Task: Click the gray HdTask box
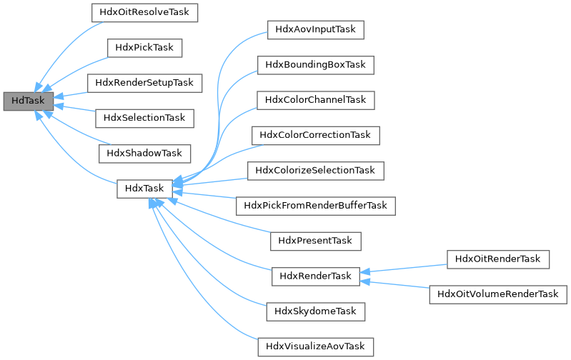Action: click(28, 101)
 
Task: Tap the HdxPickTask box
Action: click(145, 47)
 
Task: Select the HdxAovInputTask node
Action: click(315, 30)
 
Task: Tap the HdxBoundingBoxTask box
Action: click(315, 65)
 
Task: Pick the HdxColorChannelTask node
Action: click(315, 100)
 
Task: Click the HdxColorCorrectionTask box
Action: click(315, 135)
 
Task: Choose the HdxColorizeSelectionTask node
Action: click(315, 170)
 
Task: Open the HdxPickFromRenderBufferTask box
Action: click(315, 205)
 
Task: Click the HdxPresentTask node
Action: click(315, 241)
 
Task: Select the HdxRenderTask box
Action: click(315, 276)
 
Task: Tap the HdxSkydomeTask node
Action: click(315, 311)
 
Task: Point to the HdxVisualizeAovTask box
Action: click(315, 346)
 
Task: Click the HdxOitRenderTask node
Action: click(497, 258)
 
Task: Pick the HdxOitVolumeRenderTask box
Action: click(497, 294)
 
